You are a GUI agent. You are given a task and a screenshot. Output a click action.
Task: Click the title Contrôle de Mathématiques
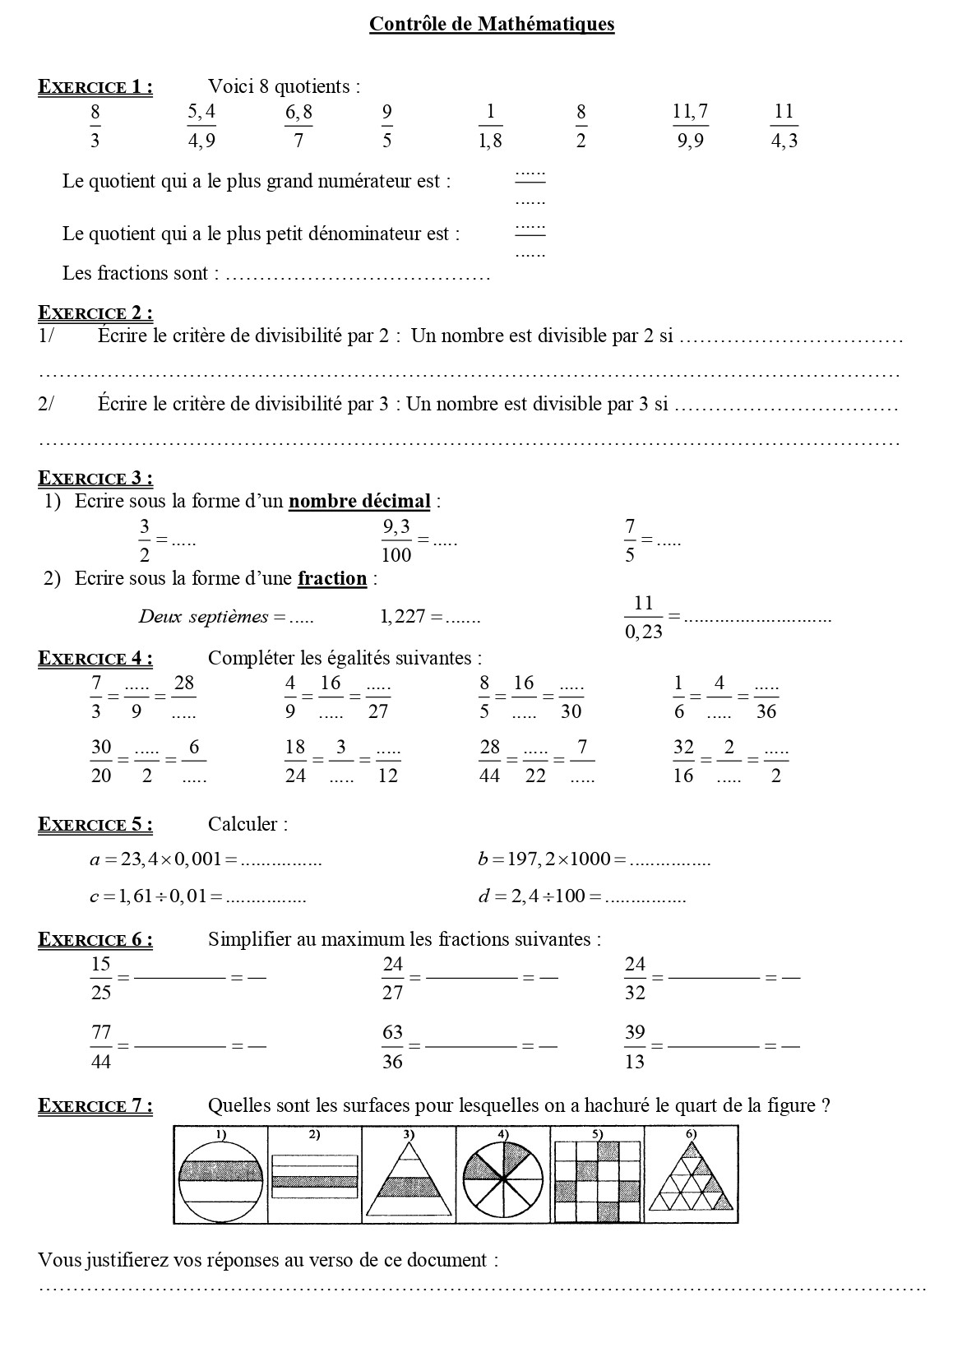pos(492,24)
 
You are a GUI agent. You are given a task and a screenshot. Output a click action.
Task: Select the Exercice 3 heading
pos(95,478)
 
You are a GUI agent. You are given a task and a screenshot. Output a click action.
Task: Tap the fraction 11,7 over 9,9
pos(691,126)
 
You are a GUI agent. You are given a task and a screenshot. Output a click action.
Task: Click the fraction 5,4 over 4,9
pos(201,126)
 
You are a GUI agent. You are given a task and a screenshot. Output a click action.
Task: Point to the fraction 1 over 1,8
pos(490,126)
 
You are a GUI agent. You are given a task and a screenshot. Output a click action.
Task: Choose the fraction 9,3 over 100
pos(396,540)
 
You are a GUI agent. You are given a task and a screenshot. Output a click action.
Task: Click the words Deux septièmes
pos(204,616)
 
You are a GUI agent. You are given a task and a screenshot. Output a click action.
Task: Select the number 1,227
pos(402,616)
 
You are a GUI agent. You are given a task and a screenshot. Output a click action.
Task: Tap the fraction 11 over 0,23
pos(643,616)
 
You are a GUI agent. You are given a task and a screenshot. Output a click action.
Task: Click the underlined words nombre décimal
pos(359,501)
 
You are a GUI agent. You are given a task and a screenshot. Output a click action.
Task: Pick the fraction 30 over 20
pos(101,761)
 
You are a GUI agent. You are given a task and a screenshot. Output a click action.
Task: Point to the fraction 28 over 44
pos(489,761)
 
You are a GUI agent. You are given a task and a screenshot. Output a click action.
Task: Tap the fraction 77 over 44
pos(101,1046)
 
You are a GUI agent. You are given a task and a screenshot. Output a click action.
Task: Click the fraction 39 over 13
pos(635,1046)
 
